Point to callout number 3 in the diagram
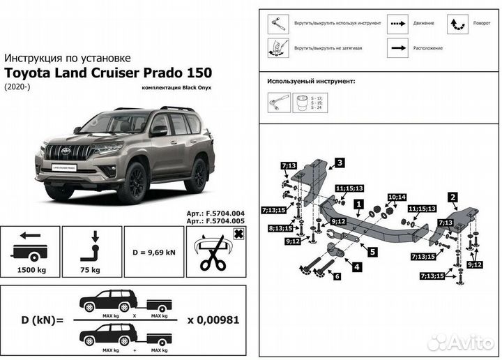[339, 163]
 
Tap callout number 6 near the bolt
[337, 277]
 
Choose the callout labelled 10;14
[396, 197]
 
